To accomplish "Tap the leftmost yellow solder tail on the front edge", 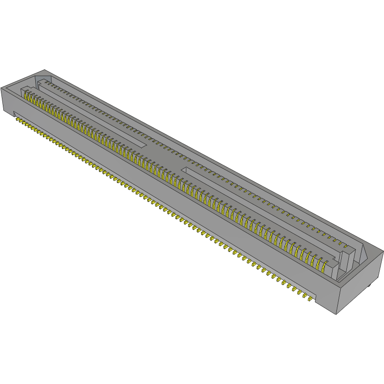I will (x=18, y=120).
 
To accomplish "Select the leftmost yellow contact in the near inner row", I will (x=27, y=95).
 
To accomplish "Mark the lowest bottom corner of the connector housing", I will (x=337, y=314).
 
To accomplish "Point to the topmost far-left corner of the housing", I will (x=44, y=70).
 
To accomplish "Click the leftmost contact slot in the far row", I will (x=46, y=82).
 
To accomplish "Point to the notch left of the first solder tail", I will (x=14, y=115).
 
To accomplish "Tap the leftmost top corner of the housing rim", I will (x=1, y=88).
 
